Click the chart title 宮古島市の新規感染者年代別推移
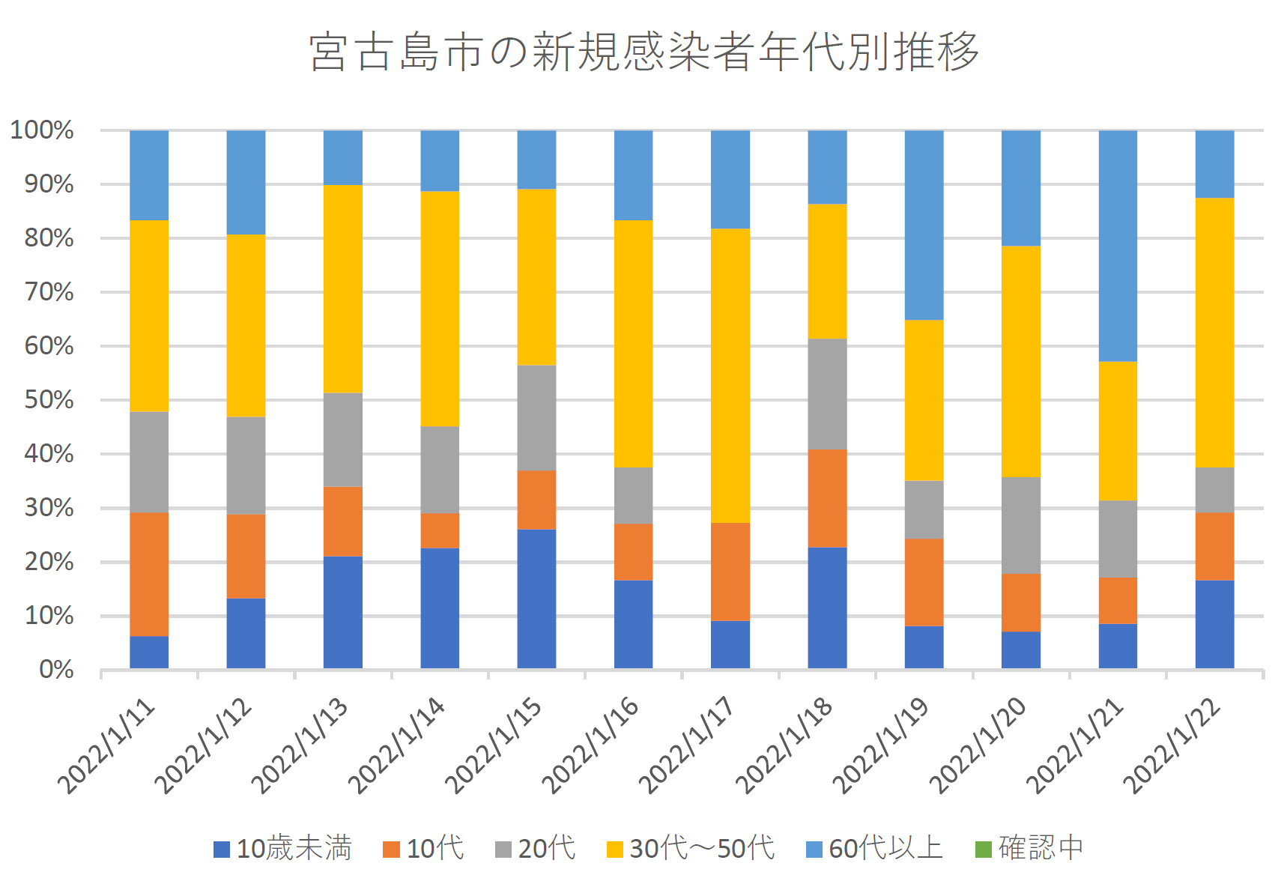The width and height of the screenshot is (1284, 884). pyautogui.click(x=643, y=51)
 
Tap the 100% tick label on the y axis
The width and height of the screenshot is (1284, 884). pyautogui.click(x=42, y=130)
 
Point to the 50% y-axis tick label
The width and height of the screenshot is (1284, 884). pyautogui.click(x=49, y=400)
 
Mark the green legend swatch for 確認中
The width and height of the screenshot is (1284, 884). pyautogui.click(x=983, y=850)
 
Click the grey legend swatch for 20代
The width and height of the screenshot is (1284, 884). pyautogui.click(x=503, y=850)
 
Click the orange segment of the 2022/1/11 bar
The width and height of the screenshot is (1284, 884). pyautogui.click(x=149, y=574)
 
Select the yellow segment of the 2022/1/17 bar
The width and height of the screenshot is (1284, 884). pyautogui.click(x=730, y=375)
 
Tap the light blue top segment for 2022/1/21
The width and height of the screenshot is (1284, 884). pyautogui.click(x=1118, y=246)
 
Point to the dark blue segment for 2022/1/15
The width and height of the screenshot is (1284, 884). pyautogui.click(x=536, y=599)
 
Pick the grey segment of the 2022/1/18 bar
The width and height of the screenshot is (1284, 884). pyautogui.click(x=827, y=394)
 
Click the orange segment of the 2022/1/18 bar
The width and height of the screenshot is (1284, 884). pyautogui.click(x=827, y=498)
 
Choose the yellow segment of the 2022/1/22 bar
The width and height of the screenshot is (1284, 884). pyautogui.click(x=1214, y=333)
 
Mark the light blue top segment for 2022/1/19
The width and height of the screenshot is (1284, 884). pyautogui.click(x=924, y=225)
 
